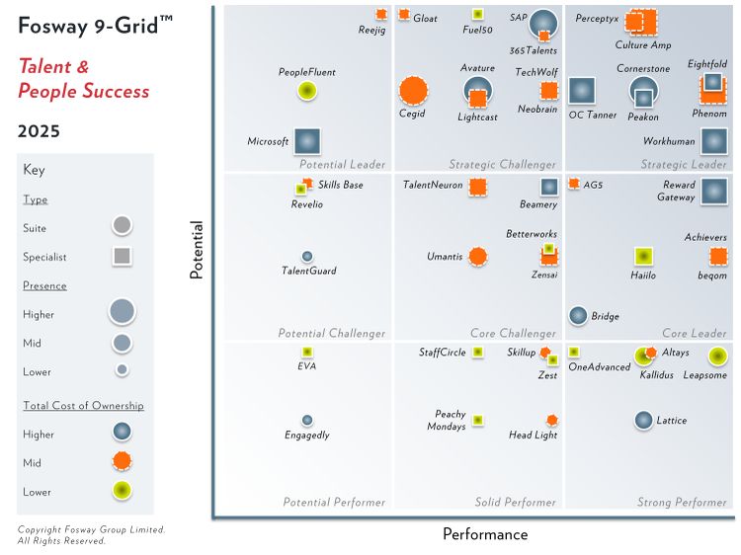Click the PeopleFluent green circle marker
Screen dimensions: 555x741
[307, 91]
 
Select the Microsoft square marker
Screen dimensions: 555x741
[307, 141]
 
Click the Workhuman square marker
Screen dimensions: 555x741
[713, 141]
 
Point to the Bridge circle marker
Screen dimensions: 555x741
[578, 315]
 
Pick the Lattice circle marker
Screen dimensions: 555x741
[643, 420]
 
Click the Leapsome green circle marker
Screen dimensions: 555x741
[717, 357]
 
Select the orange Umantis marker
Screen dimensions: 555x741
[477, 257]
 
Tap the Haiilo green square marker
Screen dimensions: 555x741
[643, 257]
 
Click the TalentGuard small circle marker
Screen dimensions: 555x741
[307, 257]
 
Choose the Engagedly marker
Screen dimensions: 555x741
[307, 420]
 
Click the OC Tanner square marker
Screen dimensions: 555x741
[582, 91]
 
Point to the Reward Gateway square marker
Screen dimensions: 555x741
[713, 190]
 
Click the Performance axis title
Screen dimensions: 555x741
[484, 535]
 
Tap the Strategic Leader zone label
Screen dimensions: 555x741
[683, 165]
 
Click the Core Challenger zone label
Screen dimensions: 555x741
[513, 334]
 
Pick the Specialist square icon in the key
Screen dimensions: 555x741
[122, 257]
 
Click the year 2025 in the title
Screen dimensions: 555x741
[39, 131]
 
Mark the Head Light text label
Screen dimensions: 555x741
[533, 436]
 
